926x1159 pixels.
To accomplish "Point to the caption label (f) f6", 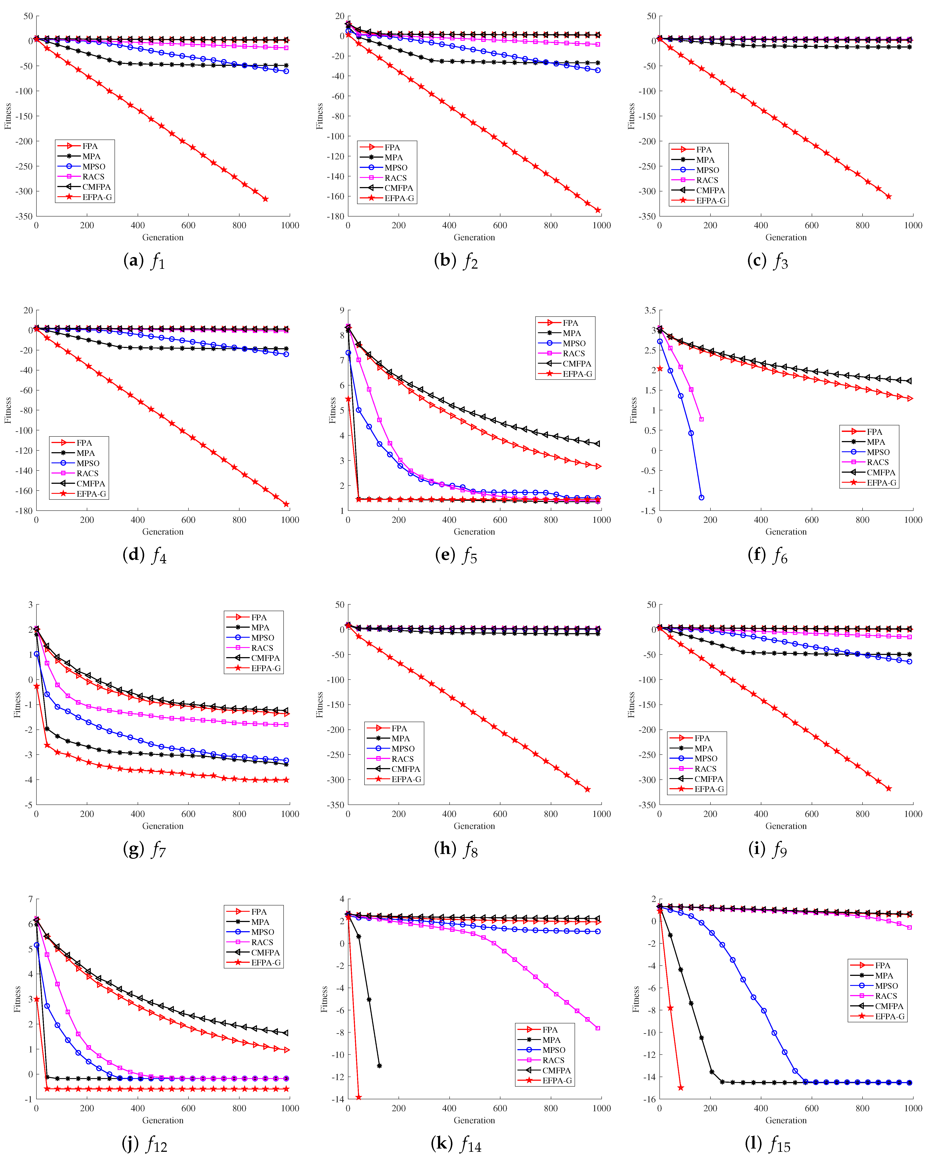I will [767, 555].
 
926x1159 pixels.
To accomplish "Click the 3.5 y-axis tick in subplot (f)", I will [650, 310].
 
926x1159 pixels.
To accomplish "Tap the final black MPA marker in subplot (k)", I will [379, 1065].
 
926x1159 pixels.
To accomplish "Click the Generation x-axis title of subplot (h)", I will [474, 826].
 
